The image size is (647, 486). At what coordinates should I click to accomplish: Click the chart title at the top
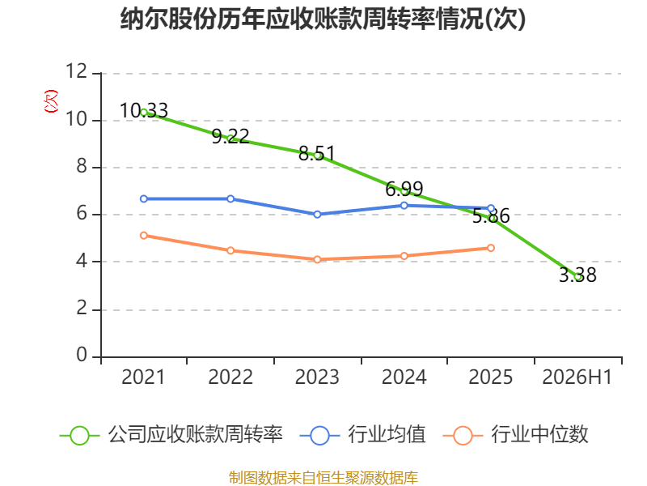(323, 19)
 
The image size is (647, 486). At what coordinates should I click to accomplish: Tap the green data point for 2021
(144, 113)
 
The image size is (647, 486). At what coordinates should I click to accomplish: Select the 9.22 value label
(230, 136)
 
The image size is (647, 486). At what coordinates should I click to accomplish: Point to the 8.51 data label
(317, 154)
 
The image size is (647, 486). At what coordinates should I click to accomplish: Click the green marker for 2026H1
(578, 277)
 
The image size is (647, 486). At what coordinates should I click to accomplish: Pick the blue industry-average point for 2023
(317, 215)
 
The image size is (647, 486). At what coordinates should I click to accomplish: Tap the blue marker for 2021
(144, 198)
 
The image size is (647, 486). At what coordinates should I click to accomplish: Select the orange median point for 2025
(491, 248)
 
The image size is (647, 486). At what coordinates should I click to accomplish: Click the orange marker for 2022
(230, 250)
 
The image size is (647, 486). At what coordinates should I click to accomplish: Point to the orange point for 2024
(404, 256)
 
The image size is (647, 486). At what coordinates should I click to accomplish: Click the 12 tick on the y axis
(77, 71)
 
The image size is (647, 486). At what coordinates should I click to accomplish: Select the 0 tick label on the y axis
(82, 355)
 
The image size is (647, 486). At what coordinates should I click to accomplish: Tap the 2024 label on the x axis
(404, 377)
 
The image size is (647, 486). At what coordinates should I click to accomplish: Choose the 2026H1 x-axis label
(577, 377)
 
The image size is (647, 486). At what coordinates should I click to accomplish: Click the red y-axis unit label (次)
(51, 101)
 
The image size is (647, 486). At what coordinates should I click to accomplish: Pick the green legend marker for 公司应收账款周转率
(79, 436)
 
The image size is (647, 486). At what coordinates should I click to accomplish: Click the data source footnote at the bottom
(323, 478)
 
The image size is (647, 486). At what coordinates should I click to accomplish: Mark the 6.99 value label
(404, 190)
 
